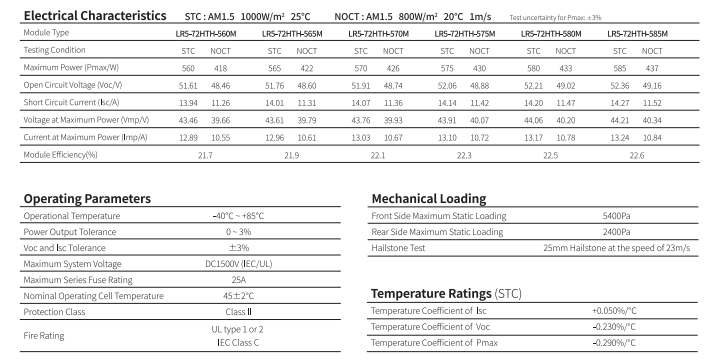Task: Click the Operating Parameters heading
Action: tap(72, 199)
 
